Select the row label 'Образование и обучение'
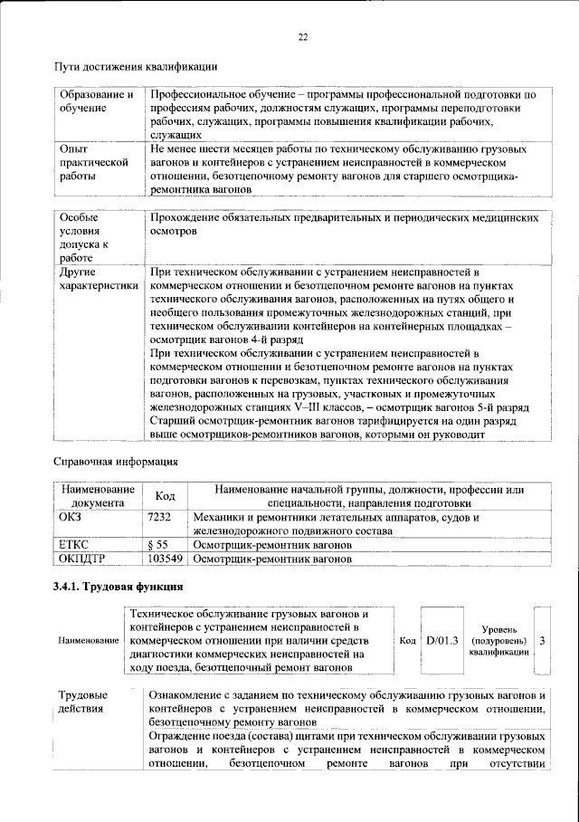96,101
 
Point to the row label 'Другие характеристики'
99,279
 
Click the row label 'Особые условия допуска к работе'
85,238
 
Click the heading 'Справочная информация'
115,462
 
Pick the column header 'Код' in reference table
165,496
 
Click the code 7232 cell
160,518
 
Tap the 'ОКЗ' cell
70,518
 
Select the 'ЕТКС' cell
74,546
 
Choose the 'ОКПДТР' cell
82,560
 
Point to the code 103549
165,560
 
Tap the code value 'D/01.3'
443,640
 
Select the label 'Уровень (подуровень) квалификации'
499,640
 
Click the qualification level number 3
541,640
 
